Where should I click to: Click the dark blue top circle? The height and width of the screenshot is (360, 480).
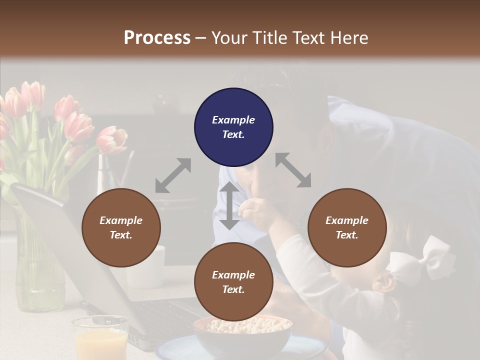pyautogui.click(x=233, y=127)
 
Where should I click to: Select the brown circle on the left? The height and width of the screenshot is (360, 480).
pyautogui.click(x=121, y=228)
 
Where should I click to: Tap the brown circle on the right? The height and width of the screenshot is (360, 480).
pyautogui.click(x=347, y=228)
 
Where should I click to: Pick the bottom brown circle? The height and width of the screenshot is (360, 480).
pyautogui.click(x=233, y=282)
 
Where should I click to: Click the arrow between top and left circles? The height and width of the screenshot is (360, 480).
pyautogui.click(x=173, y=175)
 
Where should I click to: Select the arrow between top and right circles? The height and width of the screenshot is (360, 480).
pyautogui.click(x=293, y=170)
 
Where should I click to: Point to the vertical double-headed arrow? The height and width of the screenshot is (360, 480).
pyautogui.click(x=229, y=206)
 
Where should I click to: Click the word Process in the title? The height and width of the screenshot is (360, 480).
pyautogui.click(x=157, y=37)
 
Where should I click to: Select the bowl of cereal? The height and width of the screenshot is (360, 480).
pyautogui.click(x=242, y=332)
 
